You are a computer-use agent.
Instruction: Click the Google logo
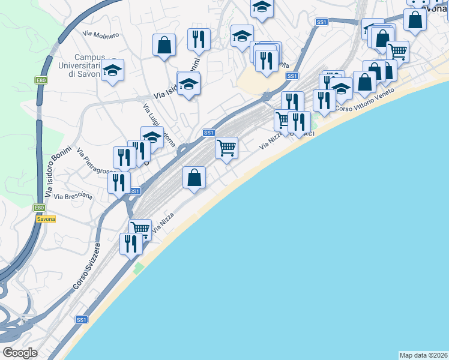[x=20, y=353]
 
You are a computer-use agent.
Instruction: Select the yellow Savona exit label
[x=46, y=219]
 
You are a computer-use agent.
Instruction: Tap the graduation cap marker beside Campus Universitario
[x=112, y=71]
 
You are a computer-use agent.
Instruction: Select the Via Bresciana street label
[x=73, y=196]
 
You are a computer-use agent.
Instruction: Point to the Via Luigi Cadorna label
[x=159, y=125]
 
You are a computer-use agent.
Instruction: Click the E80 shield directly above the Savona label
[x=40, y=208]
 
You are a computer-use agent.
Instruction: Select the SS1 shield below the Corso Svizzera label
[x=82, y=320]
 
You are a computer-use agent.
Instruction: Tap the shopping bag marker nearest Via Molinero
[x=164, y=45]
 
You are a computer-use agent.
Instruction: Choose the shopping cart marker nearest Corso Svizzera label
[x=140, y=229]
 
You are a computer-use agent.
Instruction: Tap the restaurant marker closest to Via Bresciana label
[x=119, y=182]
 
